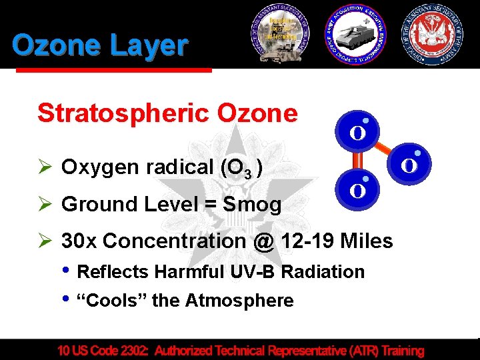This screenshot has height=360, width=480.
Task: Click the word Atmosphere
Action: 239,301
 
